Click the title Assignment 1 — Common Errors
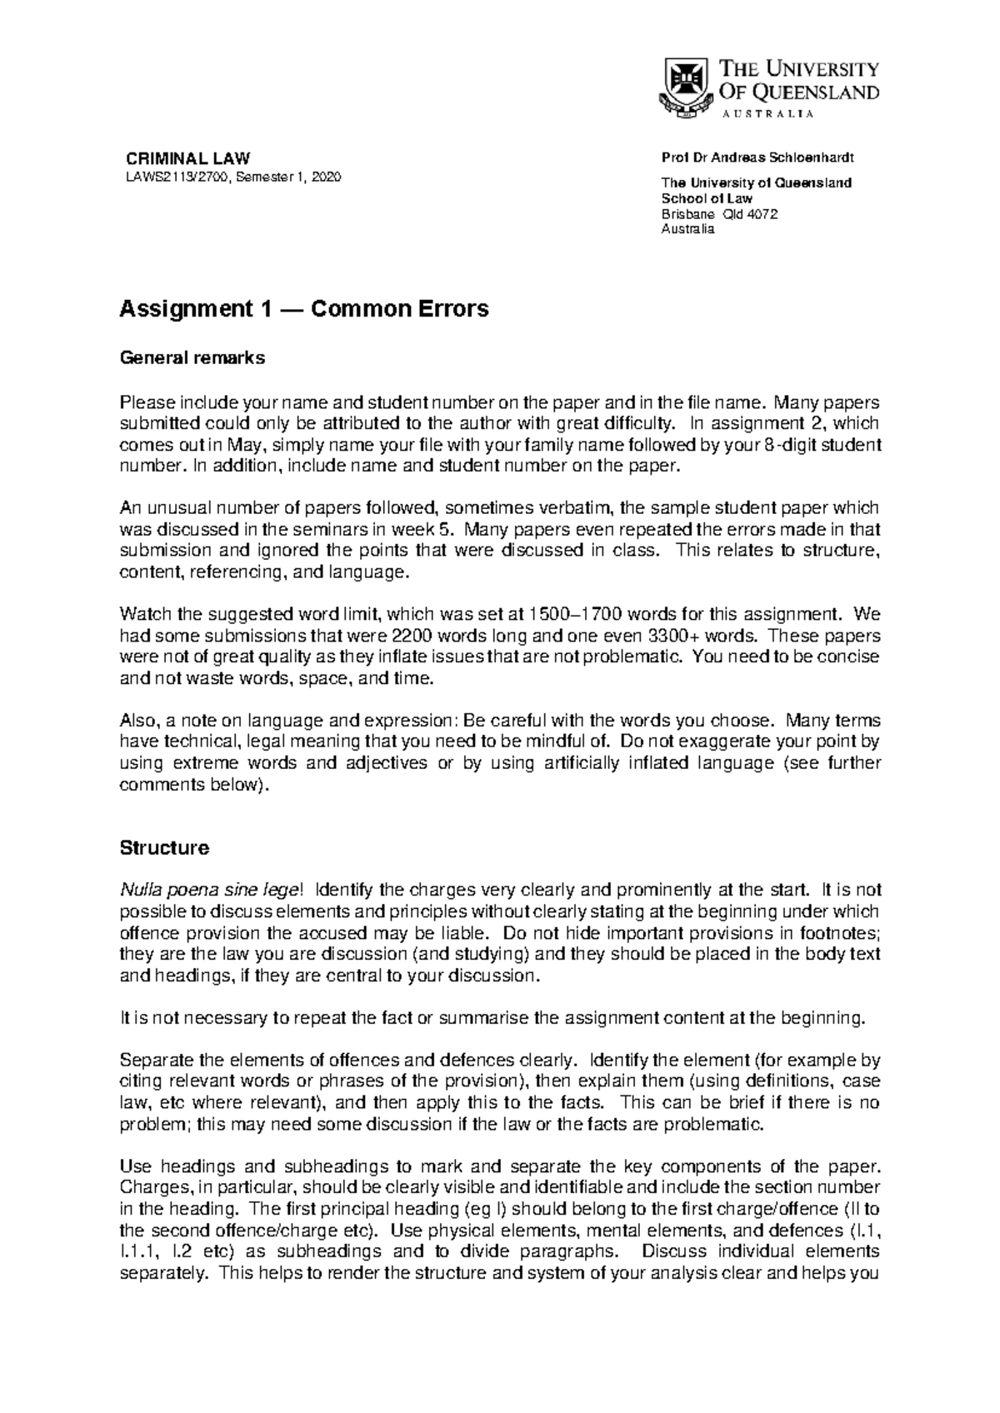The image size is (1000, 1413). [304, 309]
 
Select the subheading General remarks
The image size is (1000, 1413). [192, 358]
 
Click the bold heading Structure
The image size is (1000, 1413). [164, 848]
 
